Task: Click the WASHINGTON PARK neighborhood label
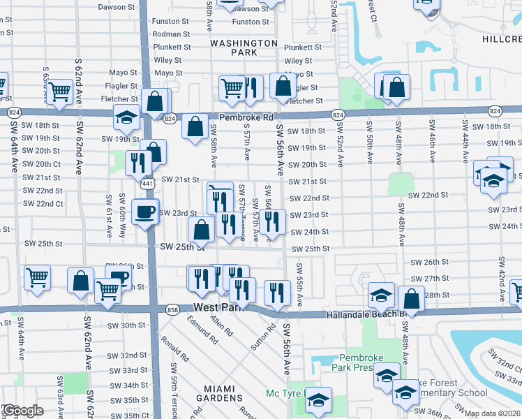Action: click(x=244, y=47)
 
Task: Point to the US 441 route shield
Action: click(x=147, y=184)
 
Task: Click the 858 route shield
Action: click(x=174, y=309)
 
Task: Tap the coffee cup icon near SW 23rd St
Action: click(x=144, y=212)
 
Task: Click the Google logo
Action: click(x=22, y=411)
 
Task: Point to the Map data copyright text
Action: click(x=493, y=413)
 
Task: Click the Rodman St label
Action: click(x=172, y=34)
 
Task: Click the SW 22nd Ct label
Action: click(x=43, y=204)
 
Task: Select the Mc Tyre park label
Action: click(x=283, y=393)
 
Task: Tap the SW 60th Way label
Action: click(x=122, y=217)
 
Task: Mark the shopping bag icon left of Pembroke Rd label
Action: click(x=196, y=128)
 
